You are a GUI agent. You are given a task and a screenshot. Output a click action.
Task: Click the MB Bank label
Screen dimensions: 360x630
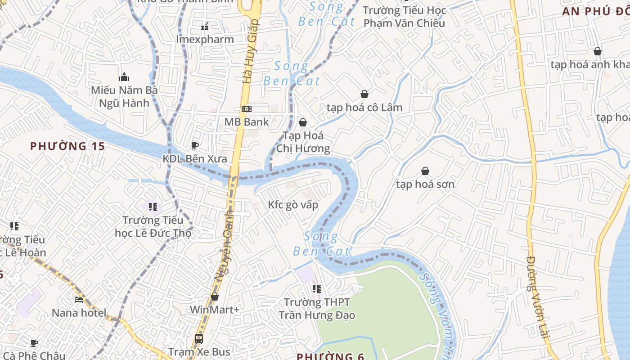(247, 122)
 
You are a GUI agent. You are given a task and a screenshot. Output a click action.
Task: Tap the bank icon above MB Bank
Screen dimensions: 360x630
(247, 109)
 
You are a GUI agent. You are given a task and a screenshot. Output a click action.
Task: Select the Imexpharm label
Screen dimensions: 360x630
(205, 40)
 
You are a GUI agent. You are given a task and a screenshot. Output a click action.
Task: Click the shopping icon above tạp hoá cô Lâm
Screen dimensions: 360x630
(364, 94)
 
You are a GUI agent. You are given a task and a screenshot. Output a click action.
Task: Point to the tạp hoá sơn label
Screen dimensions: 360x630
(425, 184)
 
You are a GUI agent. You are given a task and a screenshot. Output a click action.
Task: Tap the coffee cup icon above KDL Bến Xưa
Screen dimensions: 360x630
(195, 145)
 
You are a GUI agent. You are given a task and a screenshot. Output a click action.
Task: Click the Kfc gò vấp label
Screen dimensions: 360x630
(293, 205)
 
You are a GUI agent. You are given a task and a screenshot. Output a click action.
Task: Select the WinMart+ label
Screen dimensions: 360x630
(215, 310)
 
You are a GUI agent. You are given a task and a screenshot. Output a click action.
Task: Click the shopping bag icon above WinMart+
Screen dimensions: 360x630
(215, 297)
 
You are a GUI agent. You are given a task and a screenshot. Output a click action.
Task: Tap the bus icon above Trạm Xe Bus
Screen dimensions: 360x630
(198, 338)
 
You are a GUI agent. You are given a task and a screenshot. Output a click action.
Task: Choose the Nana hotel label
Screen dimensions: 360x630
(79, 313)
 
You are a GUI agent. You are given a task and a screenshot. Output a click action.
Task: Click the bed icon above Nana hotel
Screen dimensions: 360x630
(79, 300)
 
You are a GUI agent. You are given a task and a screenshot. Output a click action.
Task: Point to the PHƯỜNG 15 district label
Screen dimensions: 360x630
(67, 146)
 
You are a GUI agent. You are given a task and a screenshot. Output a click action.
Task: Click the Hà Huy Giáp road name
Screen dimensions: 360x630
(250, 50)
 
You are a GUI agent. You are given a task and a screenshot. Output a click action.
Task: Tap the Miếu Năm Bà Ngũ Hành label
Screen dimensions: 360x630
(124, 97)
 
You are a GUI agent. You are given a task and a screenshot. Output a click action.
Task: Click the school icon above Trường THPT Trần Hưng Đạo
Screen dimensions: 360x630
(317, 288)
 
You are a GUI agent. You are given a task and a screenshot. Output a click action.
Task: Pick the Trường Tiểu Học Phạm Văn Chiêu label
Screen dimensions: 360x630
(404, 17)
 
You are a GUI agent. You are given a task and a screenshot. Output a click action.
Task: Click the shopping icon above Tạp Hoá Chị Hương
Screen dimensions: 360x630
(303, 122)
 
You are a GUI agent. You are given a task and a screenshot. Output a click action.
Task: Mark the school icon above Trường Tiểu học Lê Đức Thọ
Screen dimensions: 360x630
(153, 207)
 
